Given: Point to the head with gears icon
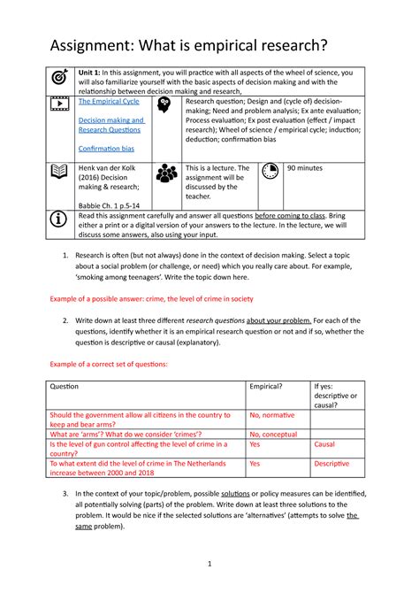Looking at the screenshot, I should click(x=164, y=105).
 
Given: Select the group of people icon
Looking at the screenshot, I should click(x=165, y=173).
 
